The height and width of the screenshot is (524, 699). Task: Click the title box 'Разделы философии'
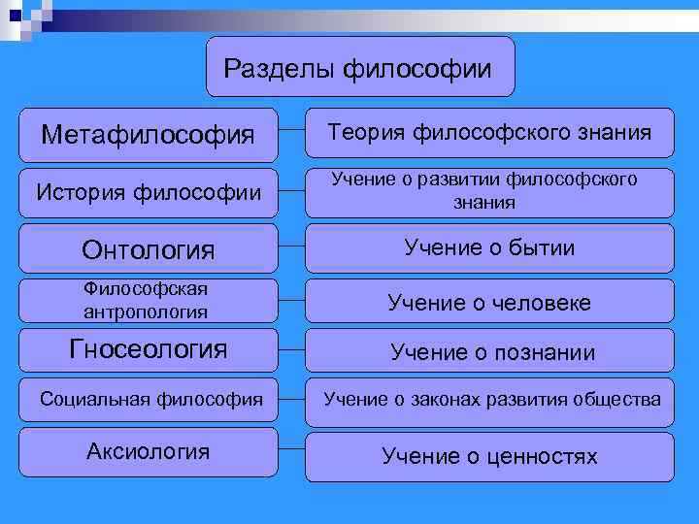(x=360, y=68)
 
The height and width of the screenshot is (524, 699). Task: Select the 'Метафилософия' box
(x=148, y=133)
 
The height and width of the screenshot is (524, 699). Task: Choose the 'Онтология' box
(x=148, y=249)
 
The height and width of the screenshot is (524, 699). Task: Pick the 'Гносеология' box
(x=148, y=349)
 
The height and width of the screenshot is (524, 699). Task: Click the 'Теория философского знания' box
(x=489, y=132)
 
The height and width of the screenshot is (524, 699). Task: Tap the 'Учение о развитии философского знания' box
(x=489, y=191)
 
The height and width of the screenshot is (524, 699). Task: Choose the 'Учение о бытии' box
(x=489, y=248)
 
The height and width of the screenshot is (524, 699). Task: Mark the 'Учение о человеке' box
(x=489, y=303)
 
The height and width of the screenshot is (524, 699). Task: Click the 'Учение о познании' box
(x=489, y=351)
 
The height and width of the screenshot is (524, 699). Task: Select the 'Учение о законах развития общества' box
(x=489, y=399)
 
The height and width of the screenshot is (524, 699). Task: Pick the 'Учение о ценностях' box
(x=489, y=456)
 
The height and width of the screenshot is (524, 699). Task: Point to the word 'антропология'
(x=146, y=311)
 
